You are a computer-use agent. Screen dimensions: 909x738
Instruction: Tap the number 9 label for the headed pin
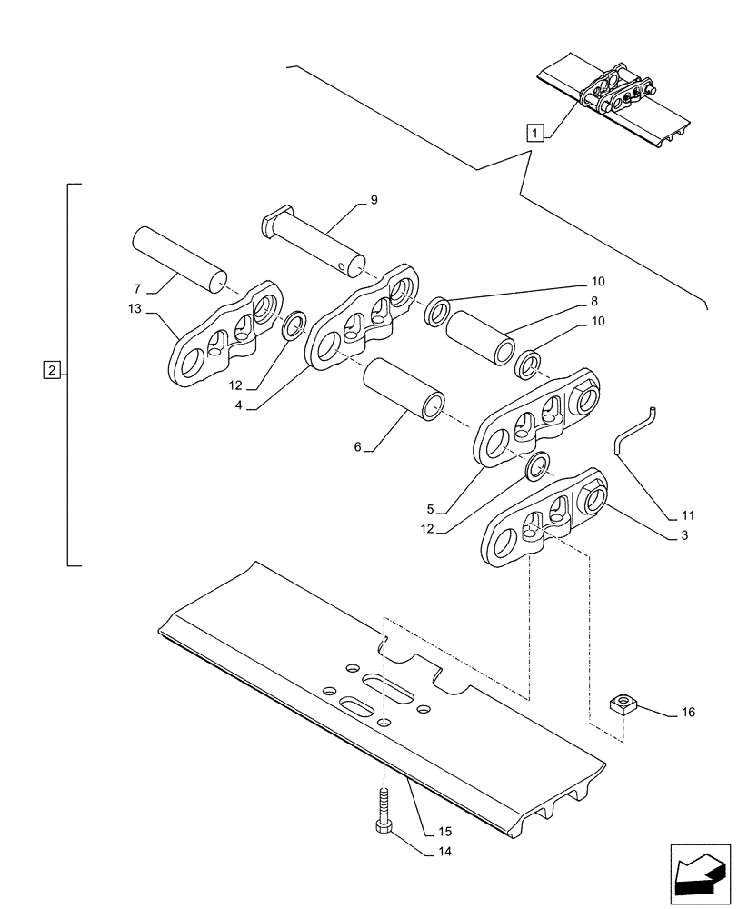tap(374, 200)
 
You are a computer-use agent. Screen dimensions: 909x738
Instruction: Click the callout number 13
tap(135, 309)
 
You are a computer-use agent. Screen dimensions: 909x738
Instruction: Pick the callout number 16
tap(687, 713)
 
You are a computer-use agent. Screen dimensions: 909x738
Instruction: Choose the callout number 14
tap(444, 852)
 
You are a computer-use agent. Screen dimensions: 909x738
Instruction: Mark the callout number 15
tap(444, 831)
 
